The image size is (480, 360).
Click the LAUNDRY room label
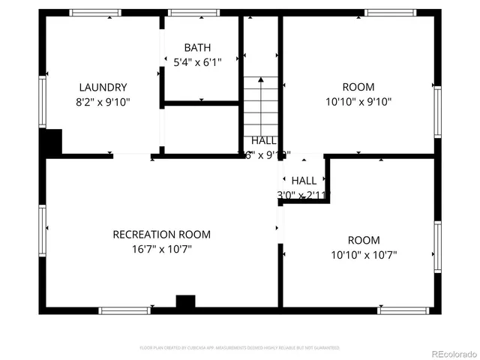103,87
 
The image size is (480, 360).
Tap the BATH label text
197,48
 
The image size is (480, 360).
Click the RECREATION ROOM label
161,235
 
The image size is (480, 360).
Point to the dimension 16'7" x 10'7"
161,250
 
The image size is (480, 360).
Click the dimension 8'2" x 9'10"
103,101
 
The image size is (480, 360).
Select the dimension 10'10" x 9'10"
358,101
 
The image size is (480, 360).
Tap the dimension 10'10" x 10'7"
363,255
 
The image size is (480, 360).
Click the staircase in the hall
261,105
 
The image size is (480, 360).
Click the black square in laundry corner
52,142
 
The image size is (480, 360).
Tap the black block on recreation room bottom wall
185,301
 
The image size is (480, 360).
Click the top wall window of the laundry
94,13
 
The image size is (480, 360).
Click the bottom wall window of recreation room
124,310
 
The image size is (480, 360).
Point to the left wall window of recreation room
43,220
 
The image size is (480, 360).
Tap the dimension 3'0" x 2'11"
304,195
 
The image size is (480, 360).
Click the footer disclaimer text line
240,348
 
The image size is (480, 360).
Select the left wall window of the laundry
43,101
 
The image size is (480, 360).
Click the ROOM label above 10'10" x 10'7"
363,241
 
